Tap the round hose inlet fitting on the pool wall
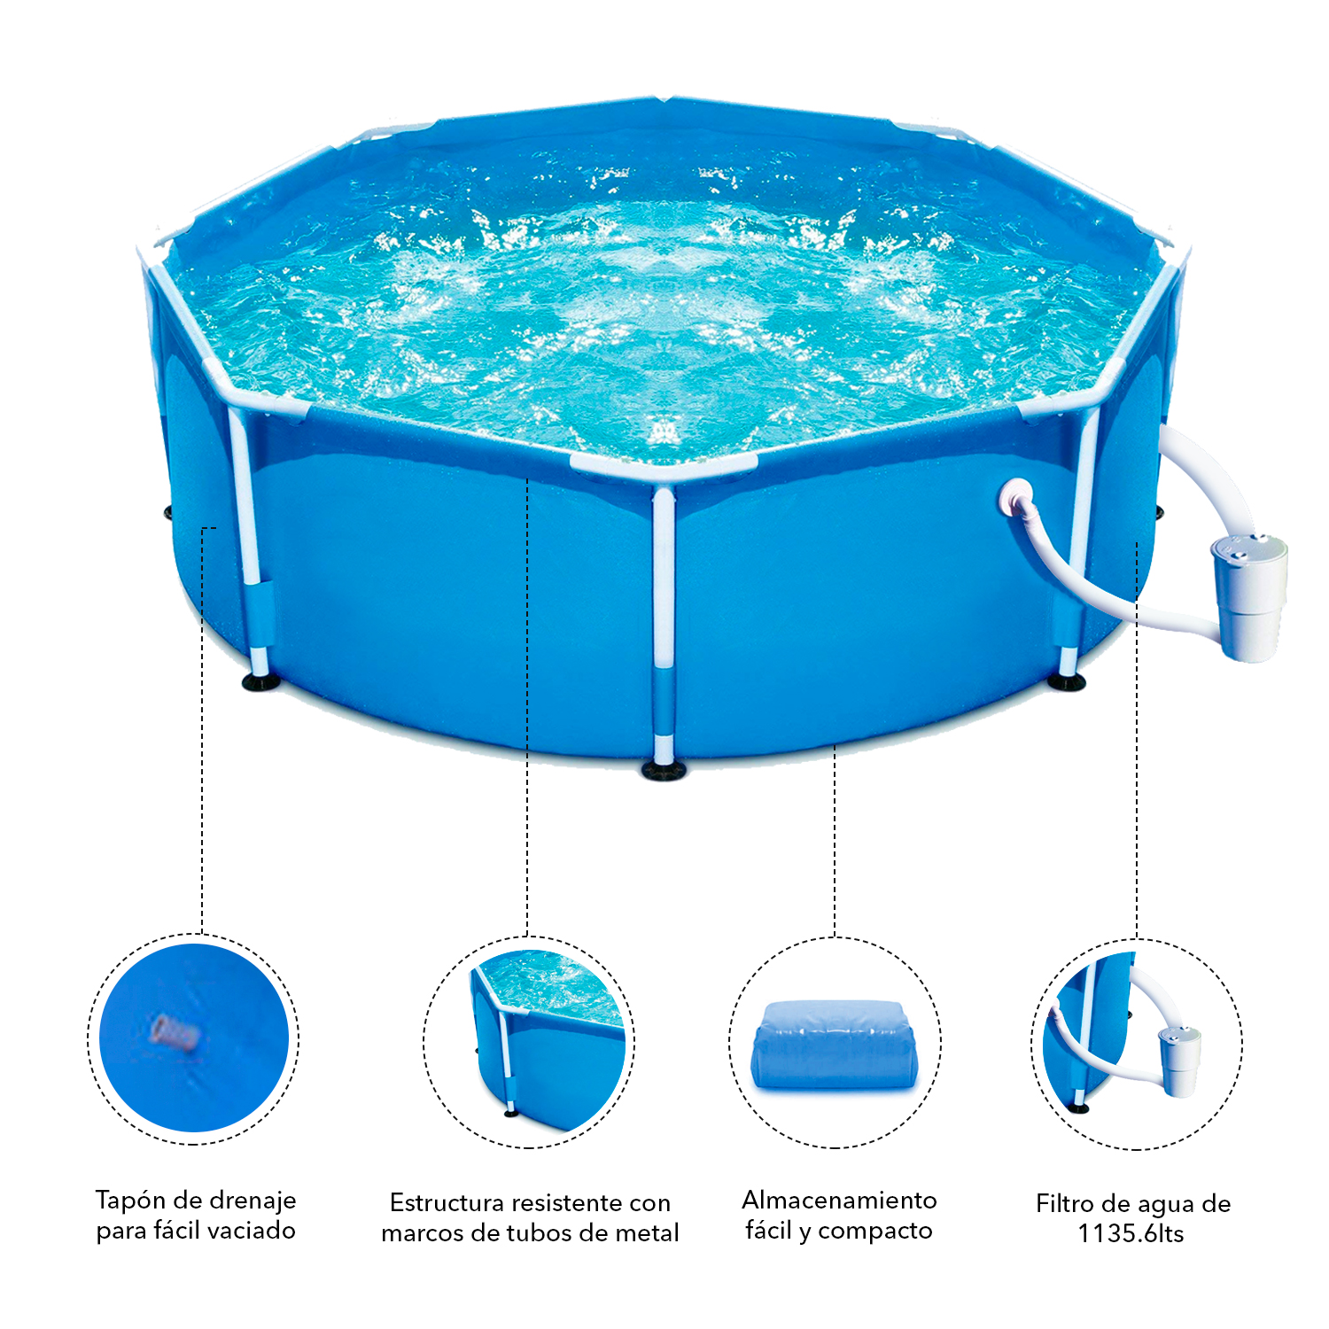click(x=1015, y=498)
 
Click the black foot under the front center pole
click(x=664, y=769)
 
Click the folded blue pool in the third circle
click(x=835, y=1045)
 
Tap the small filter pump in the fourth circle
click(x=1179, y=1061)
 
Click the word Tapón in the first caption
click(x=130, y=1201)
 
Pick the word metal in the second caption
click(x=646, y=1232)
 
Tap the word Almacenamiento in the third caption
click(x=839, y=1200)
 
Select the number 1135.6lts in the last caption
click(x=1131, y=1233)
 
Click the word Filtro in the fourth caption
click(x=1065, y=1203)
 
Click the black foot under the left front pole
click(x=260, y=682)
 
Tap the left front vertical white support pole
click(x=247, y=540)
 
